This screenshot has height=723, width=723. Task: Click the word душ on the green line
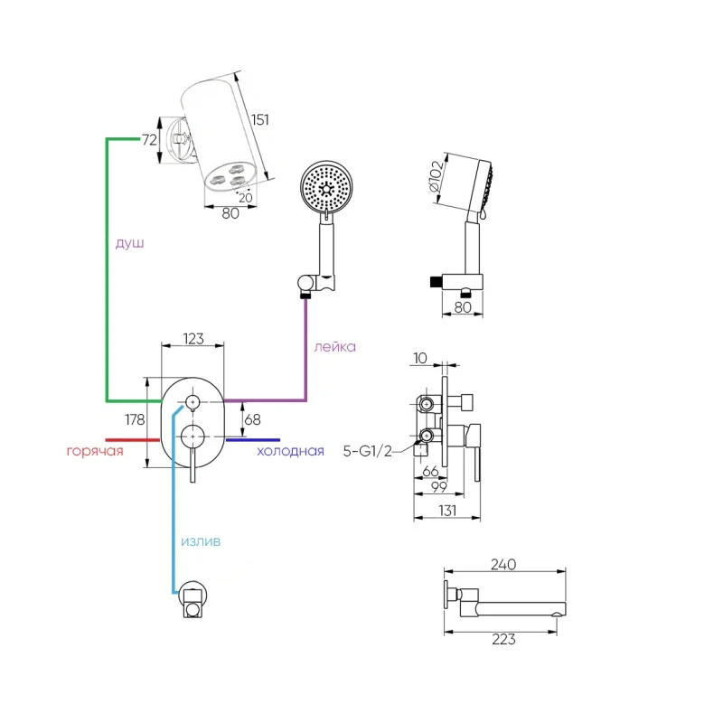(x=129, y=244)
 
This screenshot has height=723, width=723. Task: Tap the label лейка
(x=334, y=346)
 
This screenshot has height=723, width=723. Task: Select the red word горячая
(x=94, y=451)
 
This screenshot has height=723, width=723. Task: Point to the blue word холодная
(x=290, y=451)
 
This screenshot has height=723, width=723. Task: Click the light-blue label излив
(x=200, y=541)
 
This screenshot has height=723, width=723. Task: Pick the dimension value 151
(x=260, y=120)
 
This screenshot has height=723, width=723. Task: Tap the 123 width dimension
(x=192, y=339)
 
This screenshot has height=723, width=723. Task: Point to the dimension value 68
(x=253, y=418)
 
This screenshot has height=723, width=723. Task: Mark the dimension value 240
(x=502, y=565)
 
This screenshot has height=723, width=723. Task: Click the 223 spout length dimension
(x=502, y=639)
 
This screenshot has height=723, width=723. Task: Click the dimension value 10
(x=419, y=358)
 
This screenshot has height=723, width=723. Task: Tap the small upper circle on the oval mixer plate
(x=193, y=400)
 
